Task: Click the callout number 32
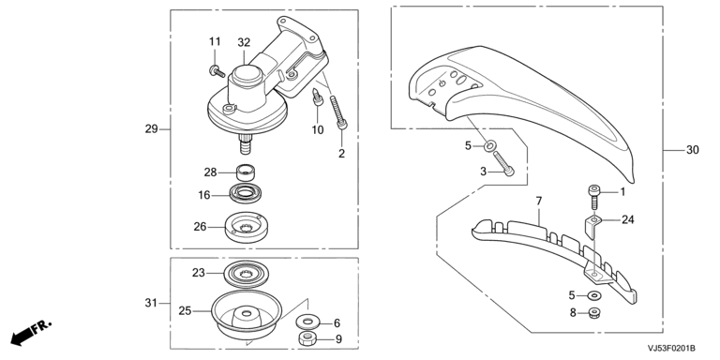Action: [x=244, y=42]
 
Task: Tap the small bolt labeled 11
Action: [x=217, y=71]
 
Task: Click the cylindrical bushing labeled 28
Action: [x=247, y=172]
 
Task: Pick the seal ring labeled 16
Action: [x=246, y=193]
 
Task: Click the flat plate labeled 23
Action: [x=247, y=275]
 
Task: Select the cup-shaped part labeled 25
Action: [x=247, y=314]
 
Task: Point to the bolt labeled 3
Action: [x=504, y=163]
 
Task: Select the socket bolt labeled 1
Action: [x=593, y=197]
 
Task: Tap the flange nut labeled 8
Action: [x=595, y=314]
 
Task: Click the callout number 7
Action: [x=539, y=201]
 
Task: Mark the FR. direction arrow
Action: [x=30, y=333]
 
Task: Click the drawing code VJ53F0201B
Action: [x=671, y=348]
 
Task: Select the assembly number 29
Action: [x=152, y=129]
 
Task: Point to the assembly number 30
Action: [x=693, y=150]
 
